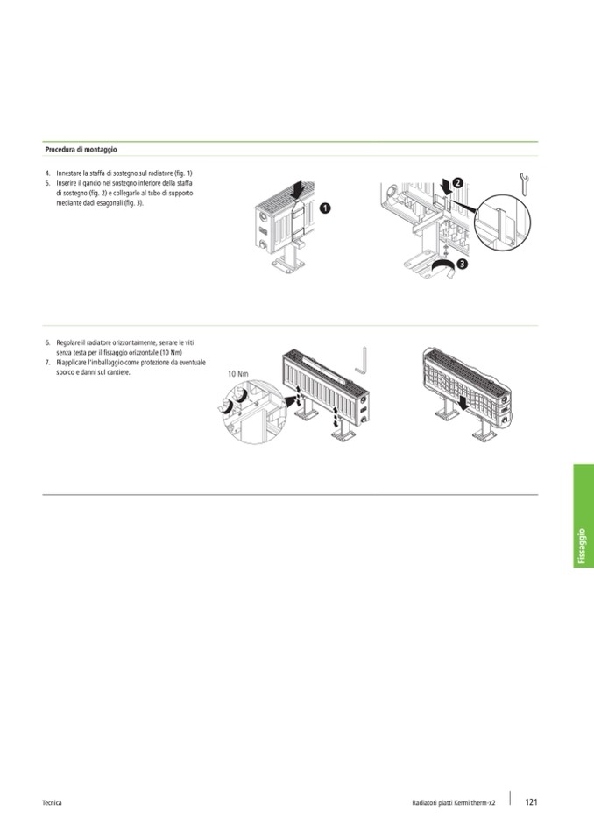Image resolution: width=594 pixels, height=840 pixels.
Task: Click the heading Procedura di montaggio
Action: [81, 150]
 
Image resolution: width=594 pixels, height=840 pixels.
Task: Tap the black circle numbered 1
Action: [325, 208]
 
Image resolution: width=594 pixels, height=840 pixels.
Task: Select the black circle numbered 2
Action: [458, 182]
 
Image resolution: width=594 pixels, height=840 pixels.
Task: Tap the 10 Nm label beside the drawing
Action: [237, 373]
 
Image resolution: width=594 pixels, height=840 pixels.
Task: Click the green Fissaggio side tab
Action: [583, 516]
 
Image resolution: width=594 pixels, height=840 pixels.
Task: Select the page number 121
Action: [531, 802]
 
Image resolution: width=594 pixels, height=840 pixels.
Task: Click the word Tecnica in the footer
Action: [52, 802]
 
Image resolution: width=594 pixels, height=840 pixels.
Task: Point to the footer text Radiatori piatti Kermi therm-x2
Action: [454, 802]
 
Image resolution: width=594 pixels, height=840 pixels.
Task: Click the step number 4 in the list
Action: [47, 173]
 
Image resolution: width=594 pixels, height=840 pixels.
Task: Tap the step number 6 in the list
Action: [47, 342]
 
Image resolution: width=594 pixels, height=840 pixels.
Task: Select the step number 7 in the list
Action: [47, 363]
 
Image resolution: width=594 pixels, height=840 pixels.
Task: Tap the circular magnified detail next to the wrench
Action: [502, 222]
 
